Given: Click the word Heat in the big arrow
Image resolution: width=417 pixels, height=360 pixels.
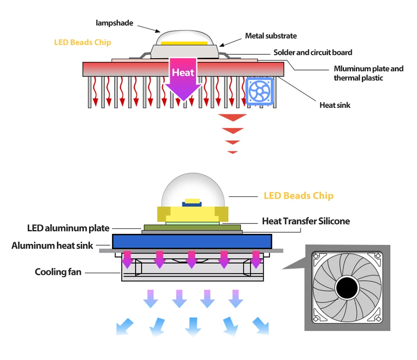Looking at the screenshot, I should point(183,73).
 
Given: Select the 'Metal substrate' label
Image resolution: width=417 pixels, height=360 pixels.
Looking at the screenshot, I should point(271,36).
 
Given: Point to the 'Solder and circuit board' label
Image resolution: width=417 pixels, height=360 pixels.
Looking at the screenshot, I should point(312,53).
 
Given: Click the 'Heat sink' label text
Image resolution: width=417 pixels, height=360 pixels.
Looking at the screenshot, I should point(334,105).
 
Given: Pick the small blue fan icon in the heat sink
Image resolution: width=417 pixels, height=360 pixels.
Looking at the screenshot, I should point(260,91).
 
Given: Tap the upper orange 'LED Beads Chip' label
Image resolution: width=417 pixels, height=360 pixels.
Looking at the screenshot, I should point(83,43).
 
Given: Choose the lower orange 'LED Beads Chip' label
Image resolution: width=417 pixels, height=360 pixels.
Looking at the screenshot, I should point(298,196).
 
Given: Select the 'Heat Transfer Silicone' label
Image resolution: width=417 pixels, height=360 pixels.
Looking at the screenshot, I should point(306,221).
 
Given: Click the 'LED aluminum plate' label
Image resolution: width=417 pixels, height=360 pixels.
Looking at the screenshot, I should point(68,228).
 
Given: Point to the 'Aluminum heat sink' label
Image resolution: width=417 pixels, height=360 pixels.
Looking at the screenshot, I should point(52,246).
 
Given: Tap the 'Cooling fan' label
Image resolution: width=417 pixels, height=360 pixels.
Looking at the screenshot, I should point(58,272).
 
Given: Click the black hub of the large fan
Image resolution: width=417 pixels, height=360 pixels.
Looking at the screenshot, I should point(347,288).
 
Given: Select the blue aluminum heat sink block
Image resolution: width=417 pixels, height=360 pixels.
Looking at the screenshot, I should point(192,241).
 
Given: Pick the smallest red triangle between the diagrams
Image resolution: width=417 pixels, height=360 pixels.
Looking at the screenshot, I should point(232,152).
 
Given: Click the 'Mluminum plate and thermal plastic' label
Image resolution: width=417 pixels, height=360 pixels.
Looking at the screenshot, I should point(368,73).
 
